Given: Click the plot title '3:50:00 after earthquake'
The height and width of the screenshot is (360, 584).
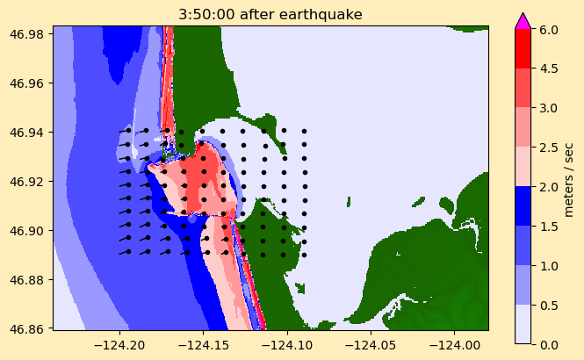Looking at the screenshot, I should coord(270,14).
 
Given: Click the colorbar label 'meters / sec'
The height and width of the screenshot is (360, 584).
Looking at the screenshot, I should coord(569,178).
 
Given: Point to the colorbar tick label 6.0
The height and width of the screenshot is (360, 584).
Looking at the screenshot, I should coord(547,29).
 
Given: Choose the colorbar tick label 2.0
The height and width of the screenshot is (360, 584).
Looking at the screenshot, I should coord(547,186).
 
